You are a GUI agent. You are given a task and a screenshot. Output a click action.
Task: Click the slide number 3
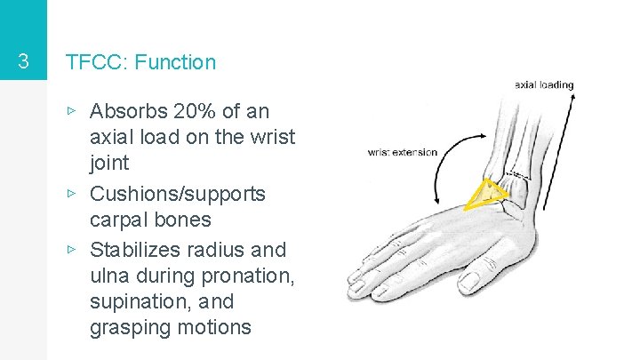(23, 62)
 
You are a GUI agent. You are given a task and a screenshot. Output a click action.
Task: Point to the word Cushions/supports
(178, 194)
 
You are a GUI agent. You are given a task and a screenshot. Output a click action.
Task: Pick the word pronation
(248, 276)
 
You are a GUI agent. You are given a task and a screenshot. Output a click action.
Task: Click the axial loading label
(544, 85)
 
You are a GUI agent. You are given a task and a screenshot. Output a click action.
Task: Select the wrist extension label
(402, 152)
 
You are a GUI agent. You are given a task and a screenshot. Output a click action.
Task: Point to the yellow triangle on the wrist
(487, 194)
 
